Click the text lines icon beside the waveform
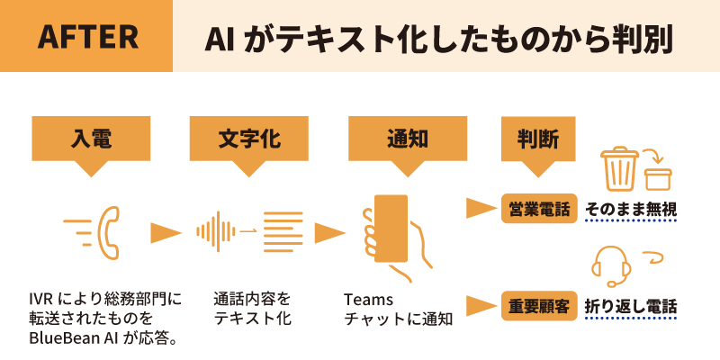point(283,232)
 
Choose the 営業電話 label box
point(538,209)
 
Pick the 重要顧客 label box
point(538,306)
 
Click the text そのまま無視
point(630,210)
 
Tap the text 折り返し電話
point(630,306)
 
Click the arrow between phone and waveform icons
point(165,233)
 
